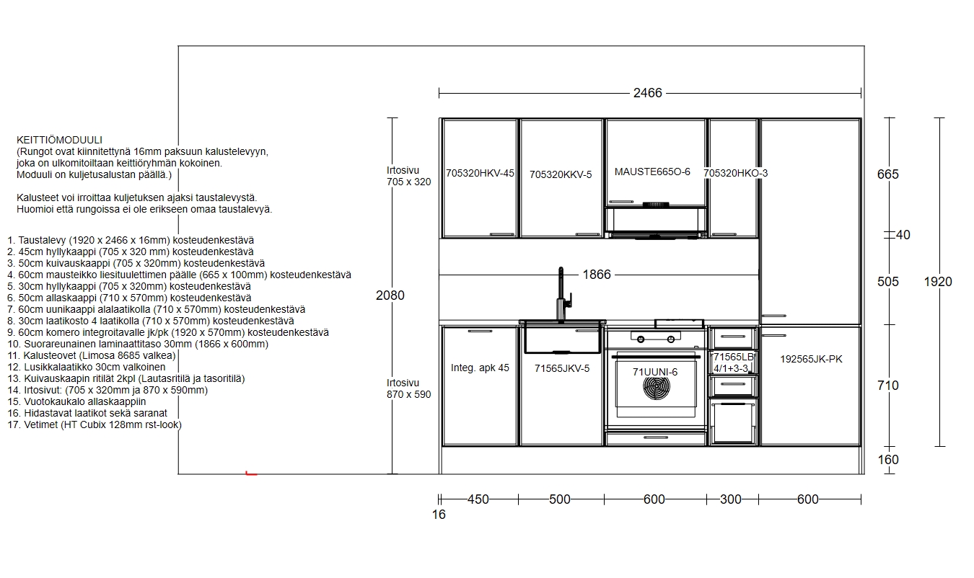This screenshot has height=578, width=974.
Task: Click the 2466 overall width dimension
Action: pyautogui.click(x=647, y=93)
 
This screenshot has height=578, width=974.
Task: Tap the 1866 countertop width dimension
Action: pyautogui.click(x=597, y=275)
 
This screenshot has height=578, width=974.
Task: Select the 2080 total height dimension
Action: pyautogui.click(x=390, y=295)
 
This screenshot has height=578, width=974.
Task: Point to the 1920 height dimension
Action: pyautogui.click(x=938, y=282)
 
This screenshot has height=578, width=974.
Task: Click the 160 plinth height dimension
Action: pyautogui.click(x=888, y=460)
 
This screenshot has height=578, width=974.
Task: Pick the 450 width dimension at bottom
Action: pyautogui.click(x=478, y=499)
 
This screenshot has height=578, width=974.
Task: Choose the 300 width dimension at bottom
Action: pyautogui.click(x=730, y=499)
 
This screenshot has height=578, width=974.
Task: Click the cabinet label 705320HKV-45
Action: pyautogui.click(x=480, y=173)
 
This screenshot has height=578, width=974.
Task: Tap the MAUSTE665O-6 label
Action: pyautogui.click(x=652, y=172)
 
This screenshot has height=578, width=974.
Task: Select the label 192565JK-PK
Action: pyautogui.click(x=811, y=359)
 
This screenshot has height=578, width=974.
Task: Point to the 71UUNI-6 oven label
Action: pyautogui.click(x=655, y=372)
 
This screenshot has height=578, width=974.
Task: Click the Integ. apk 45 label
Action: pyautogui.click(x=480, y=368)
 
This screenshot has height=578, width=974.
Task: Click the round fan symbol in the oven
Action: pyautogui.click(x=656, y=387)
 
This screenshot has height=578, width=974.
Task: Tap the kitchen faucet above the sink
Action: pyautogui.click(x=563, y=295)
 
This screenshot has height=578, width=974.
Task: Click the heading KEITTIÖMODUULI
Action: pyautogui.click(x=59, y=141)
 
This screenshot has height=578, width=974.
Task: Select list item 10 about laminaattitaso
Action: pyautogui.click(x=138, y=344)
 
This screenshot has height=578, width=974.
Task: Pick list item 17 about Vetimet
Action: pyautogui.click(x=95, y=424)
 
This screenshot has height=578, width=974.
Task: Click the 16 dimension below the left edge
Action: pyautogui.click(x=439, y=515)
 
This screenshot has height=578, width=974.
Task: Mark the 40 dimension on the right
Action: pyautogui.click(x=903, y=235)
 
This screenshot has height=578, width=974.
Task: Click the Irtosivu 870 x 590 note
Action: pyautogui.click(x=409, y=388)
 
